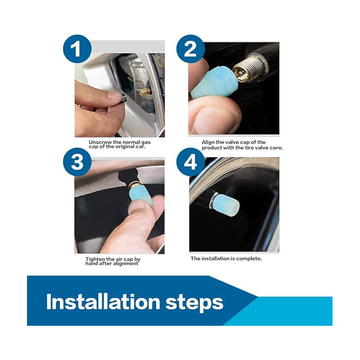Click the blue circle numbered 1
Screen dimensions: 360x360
pyautogui.click(x=77, y=49)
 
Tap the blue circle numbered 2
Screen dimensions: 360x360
pyautogui.click(x=190, y=49)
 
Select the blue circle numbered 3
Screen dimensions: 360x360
pyautogui.click(x=77, y=162)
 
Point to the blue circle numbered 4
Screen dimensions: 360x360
pyautogui.click(x=190, y=162)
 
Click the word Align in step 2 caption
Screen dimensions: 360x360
pyautogui.click(x=208, y=142)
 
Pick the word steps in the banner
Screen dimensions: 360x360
pyautogui.click(x=194, y=302)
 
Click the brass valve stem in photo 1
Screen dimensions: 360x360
pyautogui.click(x=144, y=92)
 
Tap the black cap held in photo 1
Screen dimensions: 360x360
pyautogui.click(x=123, y=98)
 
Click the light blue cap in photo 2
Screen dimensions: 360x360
pyautogui.click(x=211, y=82)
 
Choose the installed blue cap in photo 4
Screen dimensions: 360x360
pyautogui.click(x=226, y=204)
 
